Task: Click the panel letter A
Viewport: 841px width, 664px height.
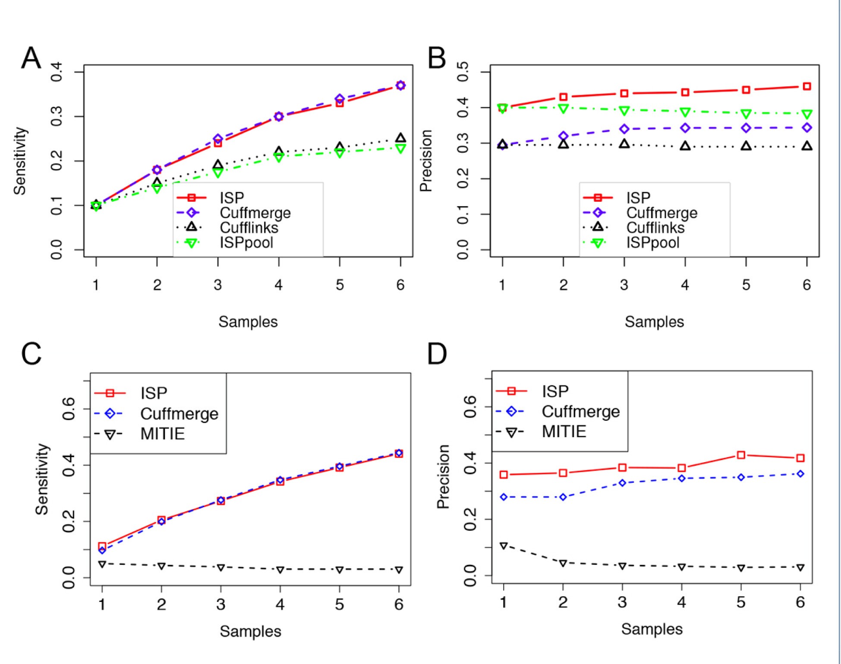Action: tap(31, 58)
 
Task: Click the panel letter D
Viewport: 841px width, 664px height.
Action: tap(437, 354)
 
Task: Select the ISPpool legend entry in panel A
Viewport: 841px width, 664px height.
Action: tap(246, 243)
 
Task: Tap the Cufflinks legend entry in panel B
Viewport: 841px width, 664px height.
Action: tap(655, 228)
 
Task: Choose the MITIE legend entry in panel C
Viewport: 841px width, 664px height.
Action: tap(162, 434)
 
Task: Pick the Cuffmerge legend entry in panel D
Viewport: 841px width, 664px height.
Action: tap(580, 411)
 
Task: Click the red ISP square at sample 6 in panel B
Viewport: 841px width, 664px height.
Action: tap(806, 86)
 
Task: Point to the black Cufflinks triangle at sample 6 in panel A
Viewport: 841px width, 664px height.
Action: tap(400, 138)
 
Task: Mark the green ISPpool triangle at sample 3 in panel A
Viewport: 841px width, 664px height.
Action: tap(218, 173)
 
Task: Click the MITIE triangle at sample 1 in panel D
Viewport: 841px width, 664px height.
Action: tap(504, 546)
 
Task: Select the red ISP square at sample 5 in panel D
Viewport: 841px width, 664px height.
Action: tap(741, 455)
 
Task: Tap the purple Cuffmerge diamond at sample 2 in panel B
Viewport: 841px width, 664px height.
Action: tap(563, 136)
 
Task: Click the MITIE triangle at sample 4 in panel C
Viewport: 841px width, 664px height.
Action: tap(280, 570)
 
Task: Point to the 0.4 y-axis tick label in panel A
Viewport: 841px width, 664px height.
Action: tap(57, 72)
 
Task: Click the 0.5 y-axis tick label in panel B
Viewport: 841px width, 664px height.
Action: tap(463, 72)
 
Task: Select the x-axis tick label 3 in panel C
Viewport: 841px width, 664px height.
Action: tap(220, 604)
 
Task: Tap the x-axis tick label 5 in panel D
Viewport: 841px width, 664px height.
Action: tap(741, 602)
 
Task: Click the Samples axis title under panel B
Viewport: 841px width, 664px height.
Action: tap(654, 322)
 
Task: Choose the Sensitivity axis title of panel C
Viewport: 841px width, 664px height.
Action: tap(42, 479)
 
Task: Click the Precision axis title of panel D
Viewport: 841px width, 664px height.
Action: tap(443, 476)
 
